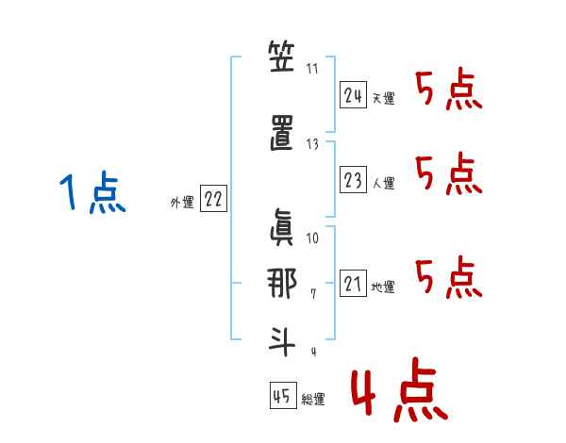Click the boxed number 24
pyautogui.click(x=353, y=95)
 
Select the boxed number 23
pyautogui.click(x=353, y=180)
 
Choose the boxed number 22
pyautogui.click(x=212, y=199)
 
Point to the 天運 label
pyautogui.click(x=383, y=98)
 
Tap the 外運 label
pyautogui.click(x=181, y=202)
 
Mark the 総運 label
pyautogui.click(x=313, y=399)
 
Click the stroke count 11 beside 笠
pyautogui.click(x=313, y=68)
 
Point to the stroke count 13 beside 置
pyautogui.click(x=313, y=143)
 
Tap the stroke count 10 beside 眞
pyautogui.click(x=313, y=238)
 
